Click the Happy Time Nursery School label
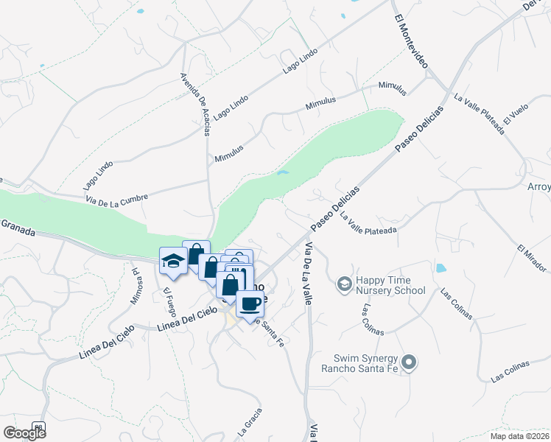point(390,284)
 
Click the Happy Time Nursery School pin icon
point(344,284)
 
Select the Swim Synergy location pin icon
point(410,363)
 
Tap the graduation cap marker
point(173,261)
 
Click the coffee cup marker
point(250,303)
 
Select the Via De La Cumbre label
point(116,197)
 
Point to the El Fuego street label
point(169,303)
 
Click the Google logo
point(24,432)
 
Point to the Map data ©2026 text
point(519,436)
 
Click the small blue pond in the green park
point(282,174)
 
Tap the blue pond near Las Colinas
point(441,268)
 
